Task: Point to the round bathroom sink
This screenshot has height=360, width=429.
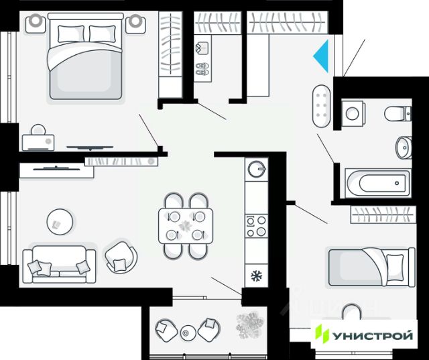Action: pos(404,147)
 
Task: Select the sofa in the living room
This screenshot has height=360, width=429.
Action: pos(57,263)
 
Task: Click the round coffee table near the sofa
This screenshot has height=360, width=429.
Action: pos(60,219)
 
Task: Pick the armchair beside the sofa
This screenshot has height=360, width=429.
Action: pos(121,255)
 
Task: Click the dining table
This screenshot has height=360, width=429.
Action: pos(186,225)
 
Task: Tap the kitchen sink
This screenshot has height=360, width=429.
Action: pos(256,168)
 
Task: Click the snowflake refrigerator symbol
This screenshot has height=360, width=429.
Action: pos(255,275)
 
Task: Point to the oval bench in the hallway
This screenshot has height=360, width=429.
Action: pos(322,107)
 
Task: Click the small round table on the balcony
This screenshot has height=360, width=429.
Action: pos(187,331)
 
